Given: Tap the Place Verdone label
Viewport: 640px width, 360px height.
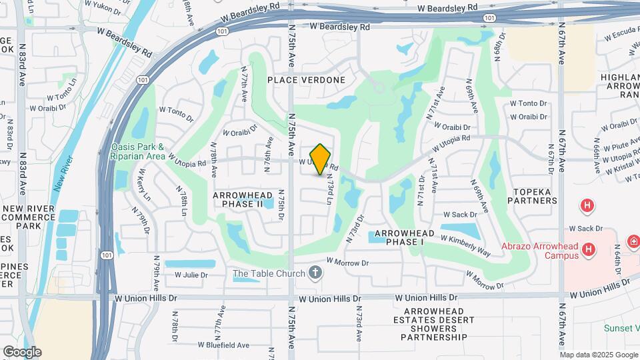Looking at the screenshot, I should pos(307,80).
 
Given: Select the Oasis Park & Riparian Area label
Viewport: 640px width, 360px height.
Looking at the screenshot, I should pos(138,151).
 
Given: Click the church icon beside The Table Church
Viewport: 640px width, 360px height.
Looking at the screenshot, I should pos(316,273).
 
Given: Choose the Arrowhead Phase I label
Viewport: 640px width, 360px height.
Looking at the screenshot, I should pos(409,237).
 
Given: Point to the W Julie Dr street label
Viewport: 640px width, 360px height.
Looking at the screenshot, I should pos(191,275).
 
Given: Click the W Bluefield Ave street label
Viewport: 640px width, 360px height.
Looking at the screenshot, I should pos(223,345).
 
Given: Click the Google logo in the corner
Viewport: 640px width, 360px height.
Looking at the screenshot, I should pos(22,351).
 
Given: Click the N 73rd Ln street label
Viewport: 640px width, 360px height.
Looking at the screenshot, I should pos(329,191).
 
